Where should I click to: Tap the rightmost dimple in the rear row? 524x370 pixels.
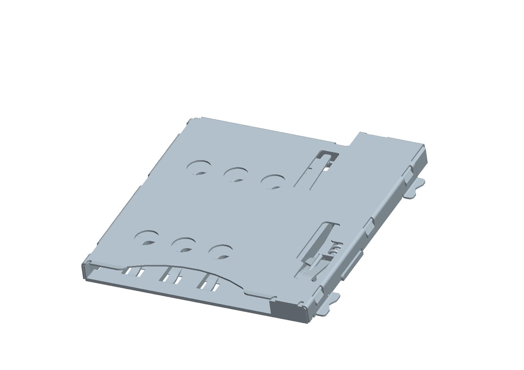pos(273,181)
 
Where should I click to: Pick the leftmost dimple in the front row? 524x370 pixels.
pos(146,238)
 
